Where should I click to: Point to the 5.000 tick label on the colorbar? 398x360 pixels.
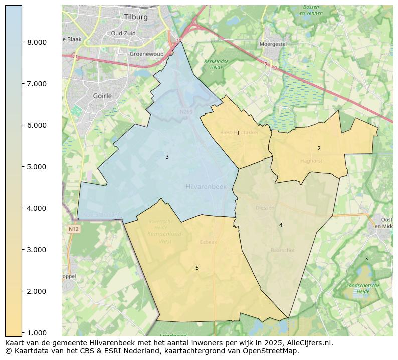click(37, 167)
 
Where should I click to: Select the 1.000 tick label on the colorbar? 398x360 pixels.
click(37, 333)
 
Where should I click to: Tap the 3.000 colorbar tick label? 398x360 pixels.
click(37, 250)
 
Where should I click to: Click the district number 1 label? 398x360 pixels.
click(238, 134)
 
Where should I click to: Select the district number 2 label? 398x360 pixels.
click(319, 148)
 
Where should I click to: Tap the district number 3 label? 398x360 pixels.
click(167, 157)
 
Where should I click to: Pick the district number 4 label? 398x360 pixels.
click(281, 225)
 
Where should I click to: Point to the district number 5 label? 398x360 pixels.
click(197, 268)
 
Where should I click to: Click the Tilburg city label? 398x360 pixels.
click(136, 17)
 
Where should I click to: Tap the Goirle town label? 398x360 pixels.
click(102, 96)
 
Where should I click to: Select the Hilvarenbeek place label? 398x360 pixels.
click(206, 187)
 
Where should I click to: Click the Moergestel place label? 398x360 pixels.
click(273, 44)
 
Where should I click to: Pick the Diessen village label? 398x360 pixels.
click(265, 208)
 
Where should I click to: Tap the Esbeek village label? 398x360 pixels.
click(208, 242)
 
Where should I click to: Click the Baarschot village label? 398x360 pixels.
click(282, 250)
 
